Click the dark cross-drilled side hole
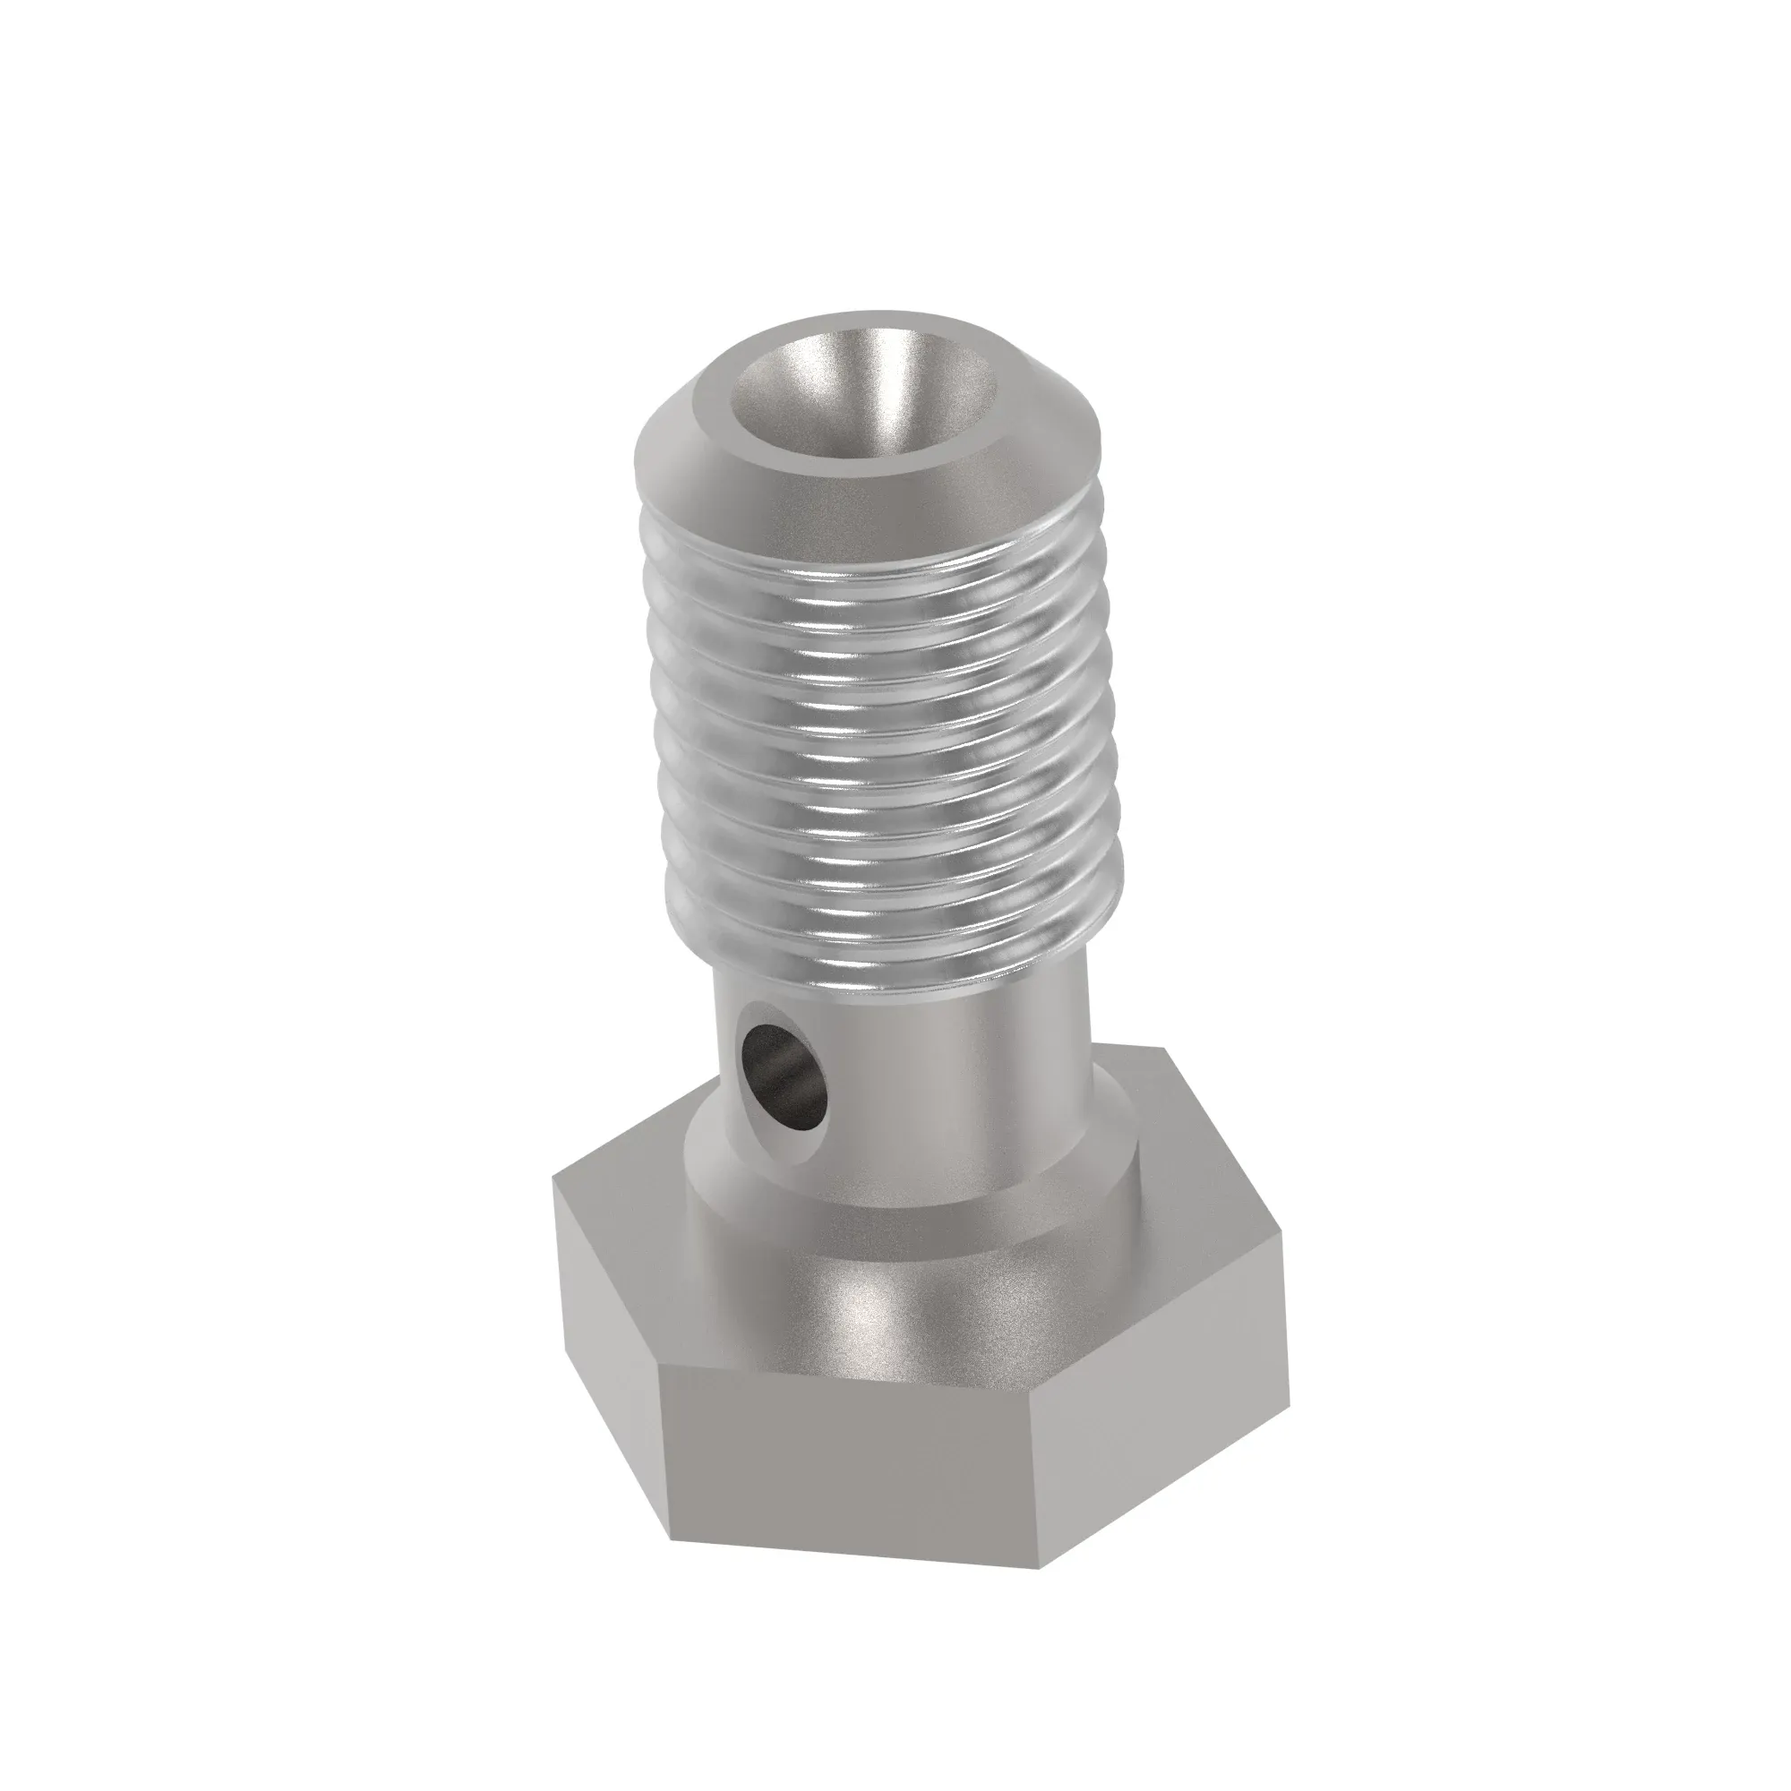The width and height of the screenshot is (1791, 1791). coord(781,1078)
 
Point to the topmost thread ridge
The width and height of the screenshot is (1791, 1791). coord(871,556)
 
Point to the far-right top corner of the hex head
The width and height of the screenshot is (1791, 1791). coord(1290,1233)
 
